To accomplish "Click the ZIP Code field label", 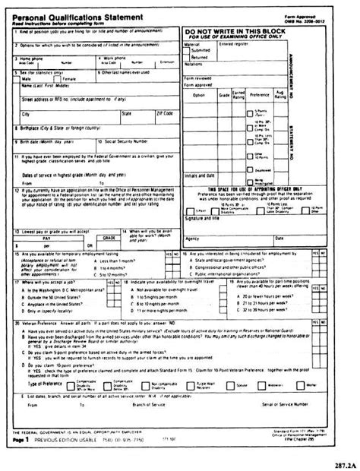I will click(x=164, y=112).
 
